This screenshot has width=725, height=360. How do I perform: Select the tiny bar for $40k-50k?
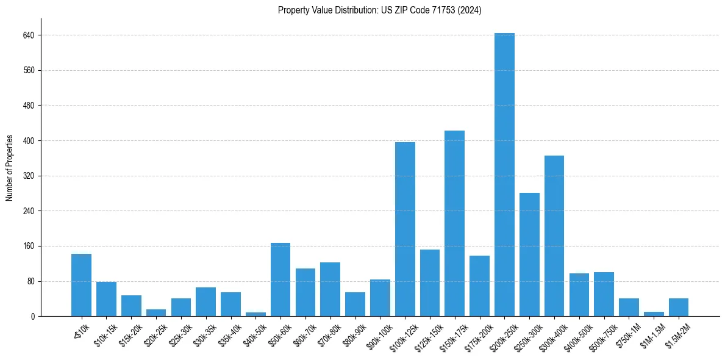(255, 314)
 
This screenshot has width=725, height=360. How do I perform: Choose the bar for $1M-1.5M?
(654, 314)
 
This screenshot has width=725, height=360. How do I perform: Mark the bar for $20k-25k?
(156, 313)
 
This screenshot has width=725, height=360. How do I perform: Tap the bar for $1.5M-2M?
(678, 308)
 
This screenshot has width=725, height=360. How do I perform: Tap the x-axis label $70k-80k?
(330, 334)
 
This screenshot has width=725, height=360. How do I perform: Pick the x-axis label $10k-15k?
(106, 334)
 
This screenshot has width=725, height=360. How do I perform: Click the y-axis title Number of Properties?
(10, 168)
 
